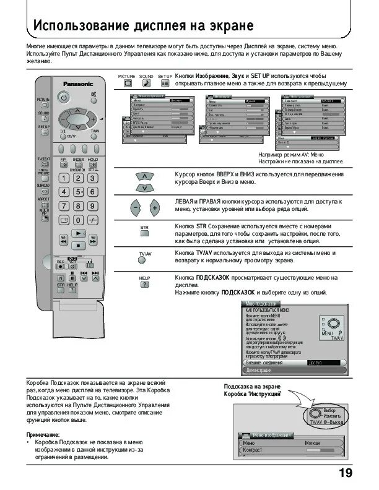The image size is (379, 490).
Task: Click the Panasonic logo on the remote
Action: point(77,84)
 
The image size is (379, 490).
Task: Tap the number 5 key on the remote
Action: point(77,192)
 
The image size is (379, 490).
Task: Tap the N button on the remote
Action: point(61,278)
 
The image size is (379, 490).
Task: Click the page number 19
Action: point(346,473)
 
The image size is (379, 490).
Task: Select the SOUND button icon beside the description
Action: point(146,83)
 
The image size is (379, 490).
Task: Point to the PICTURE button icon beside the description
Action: point(127,83)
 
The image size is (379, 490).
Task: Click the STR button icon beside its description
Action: point(144,234)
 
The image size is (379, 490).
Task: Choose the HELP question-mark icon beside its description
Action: point(144,285)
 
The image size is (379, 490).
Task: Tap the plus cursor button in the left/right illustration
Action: point(154,208)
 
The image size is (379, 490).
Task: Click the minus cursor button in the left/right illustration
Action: point(135,208)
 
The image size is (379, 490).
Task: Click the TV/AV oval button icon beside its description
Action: point(144,260)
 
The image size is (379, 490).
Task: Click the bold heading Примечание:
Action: point(43,434)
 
